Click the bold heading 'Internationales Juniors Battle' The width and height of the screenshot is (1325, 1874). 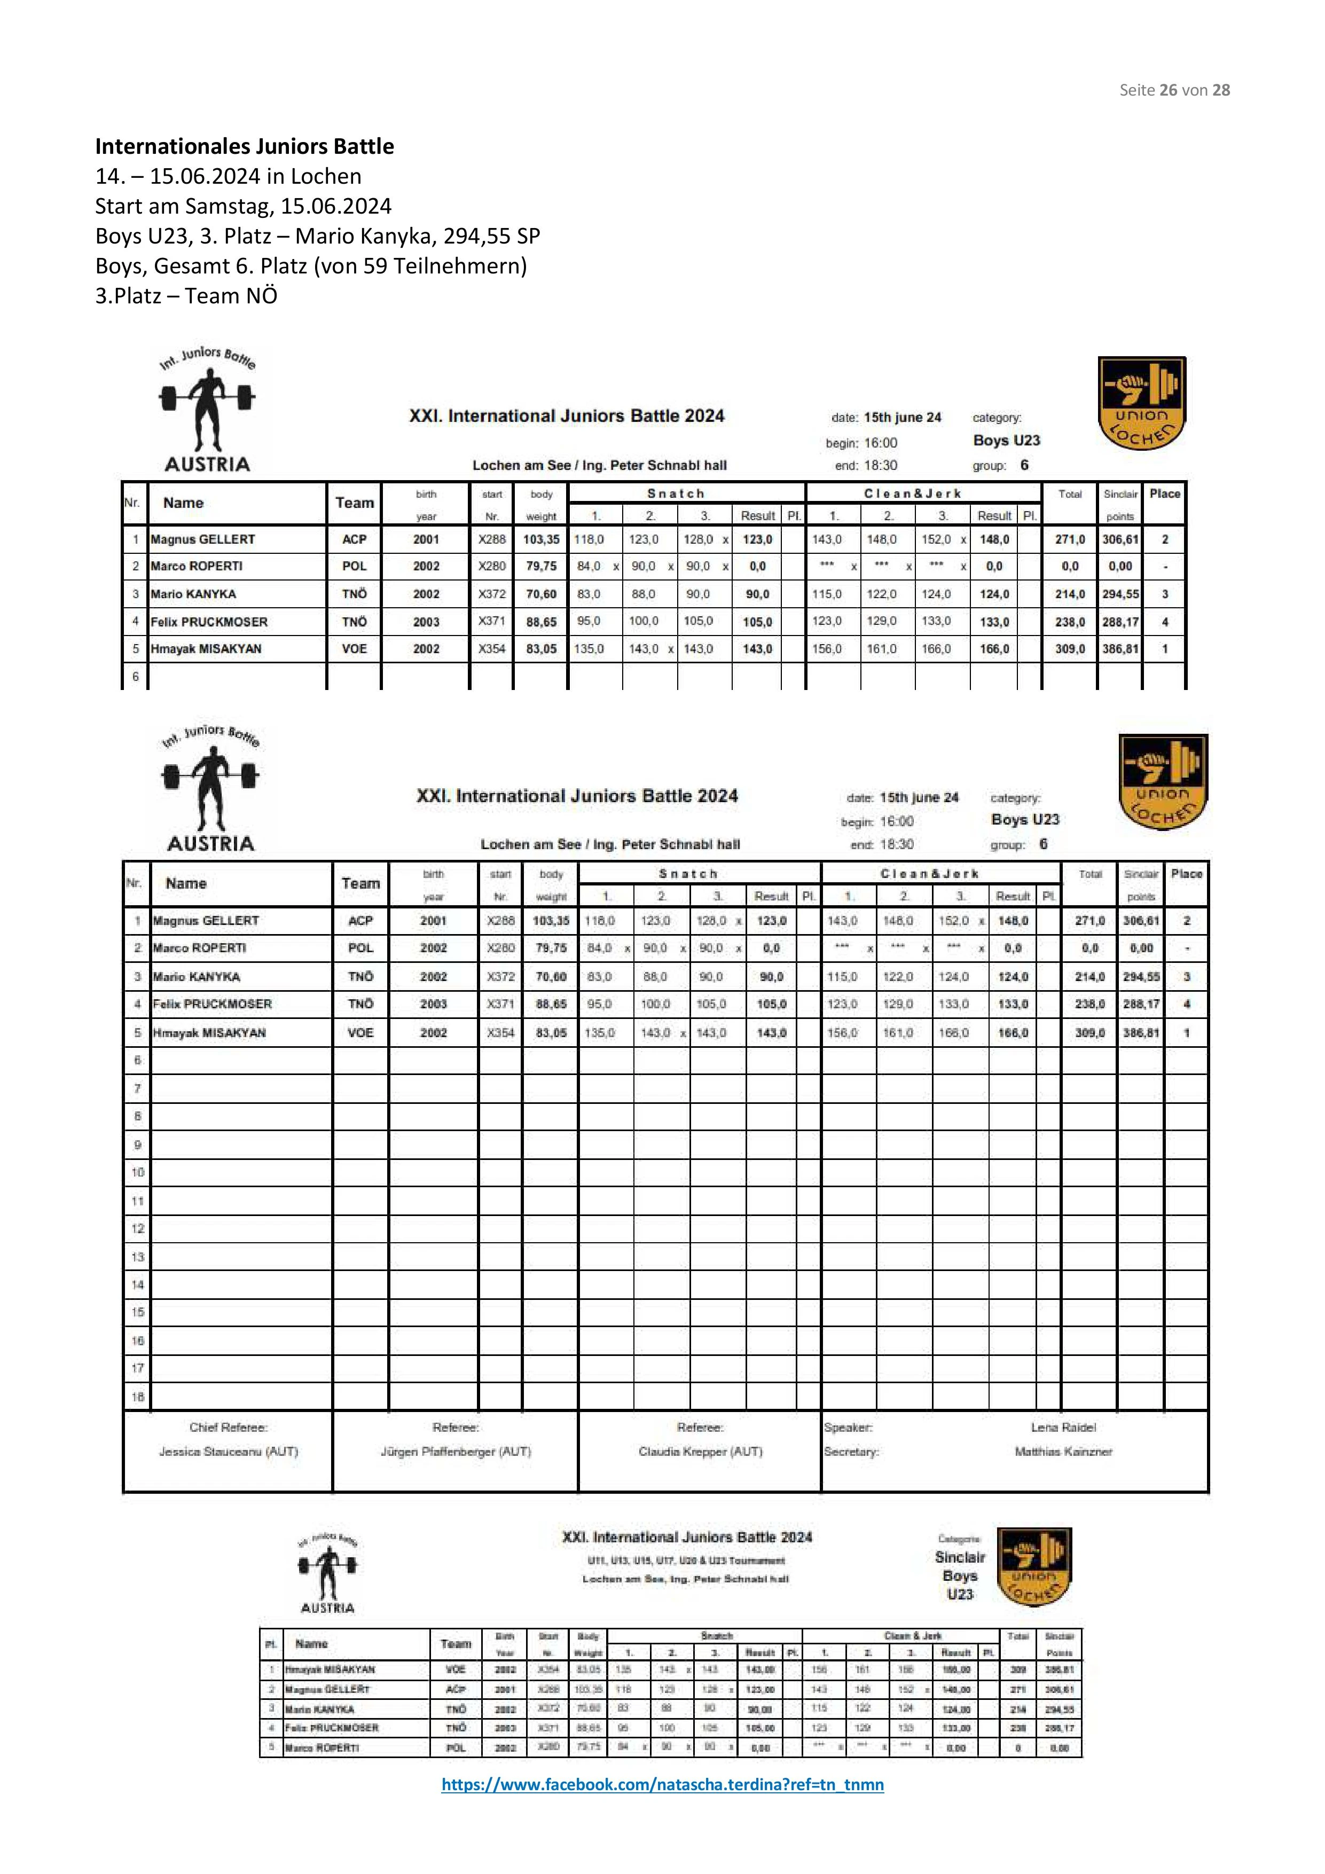[244, 146]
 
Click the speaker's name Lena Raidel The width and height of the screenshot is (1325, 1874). [1063, 1428]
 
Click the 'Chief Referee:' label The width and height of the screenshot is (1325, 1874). [229, 1428]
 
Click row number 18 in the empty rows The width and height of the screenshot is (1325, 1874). [137, 1397]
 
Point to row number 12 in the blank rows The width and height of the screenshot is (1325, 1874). [137, 1228]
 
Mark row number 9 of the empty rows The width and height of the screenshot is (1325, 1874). [137, 1144]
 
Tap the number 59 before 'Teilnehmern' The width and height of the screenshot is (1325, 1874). [375, 266]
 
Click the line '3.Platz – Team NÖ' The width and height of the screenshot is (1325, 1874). [186, 295]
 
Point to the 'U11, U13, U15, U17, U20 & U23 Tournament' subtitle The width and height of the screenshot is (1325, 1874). [686, 1560]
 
